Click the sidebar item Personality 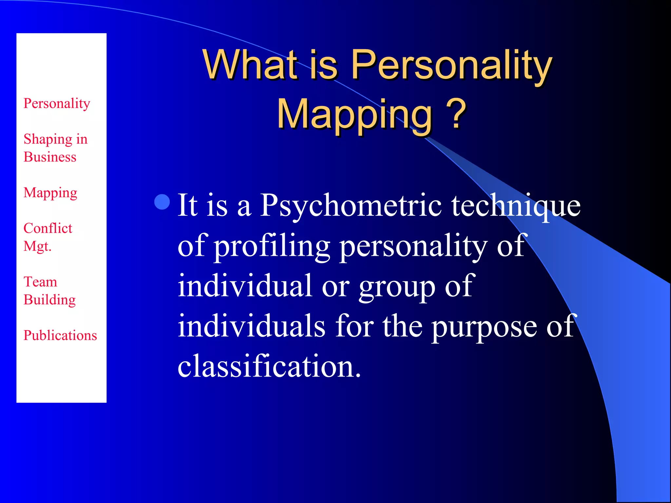tap(57, 103)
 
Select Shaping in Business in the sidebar tap(55, 148)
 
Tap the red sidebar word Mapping tap(50, 193)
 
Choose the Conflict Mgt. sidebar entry tap(48, 237)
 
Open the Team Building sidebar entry tap(49, 291)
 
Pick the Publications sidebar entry tap(60, 335)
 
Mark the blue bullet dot tap(162, 202)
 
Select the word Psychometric tap(351, 206)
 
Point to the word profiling tap(272, 246)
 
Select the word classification tap(269, 366)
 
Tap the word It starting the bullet tap(188, 205)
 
